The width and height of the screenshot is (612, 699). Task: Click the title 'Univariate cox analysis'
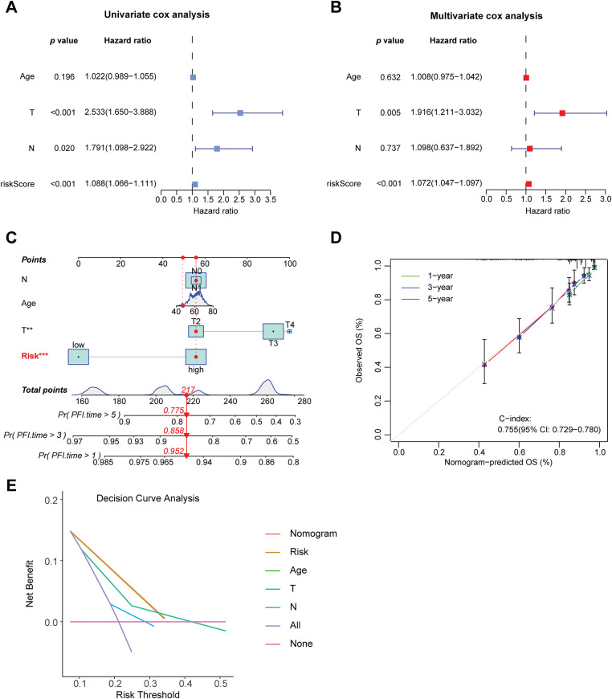click(x=157, y=14)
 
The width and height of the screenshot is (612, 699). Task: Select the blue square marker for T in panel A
click(x=240, y=112)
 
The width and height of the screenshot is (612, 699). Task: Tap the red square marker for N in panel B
click(x=529, y=149)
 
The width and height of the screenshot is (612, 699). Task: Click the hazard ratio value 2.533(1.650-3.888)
click(x=120, y=112)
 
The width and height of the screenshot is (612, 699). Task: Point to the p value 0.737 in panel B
click(x=390, y=148)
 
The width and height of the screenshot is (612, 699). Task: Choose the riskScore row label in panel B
click(x=343, y=183)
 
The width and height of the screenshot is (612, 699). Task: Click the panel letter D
click(x=336, y=238)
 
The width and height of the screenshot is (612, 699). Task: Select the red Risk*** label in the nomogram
click(x=35, y=356)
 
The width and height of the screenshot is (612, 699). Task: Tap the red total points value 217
click(x=188, y=390)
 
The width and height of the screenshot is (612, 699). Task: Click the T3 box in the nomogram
click(x=273, y=331)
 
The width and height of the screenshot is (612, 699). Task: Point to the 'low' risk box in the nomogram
click(x=79, y=357)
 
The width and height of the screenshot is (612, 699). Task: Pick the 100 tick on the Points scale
click(x=290, y=264)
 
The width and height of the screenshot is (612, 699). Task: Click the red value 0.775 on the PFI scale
click(x=173, y=410)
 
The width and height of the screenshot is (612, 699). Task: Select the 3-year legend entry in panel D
click(x=427, y=287)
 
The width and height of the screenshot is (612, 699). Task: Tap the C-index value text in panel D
click(x=549, y=429)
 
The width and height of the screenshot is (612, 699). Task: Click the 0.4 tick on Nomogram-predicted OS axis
click(x=479, y=452)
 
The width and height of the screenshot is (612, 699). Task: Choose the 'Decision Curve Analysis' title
click(x=148, y=498)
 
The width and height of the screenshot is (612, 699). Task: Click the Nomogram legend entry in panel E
click(x=301, y=533)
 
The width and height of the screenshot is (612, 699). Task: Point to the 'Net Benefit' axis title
click(x=30, y=583)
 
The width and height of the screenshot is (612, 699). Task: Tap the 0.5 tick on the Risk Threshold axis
click(x=221, y=684)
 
